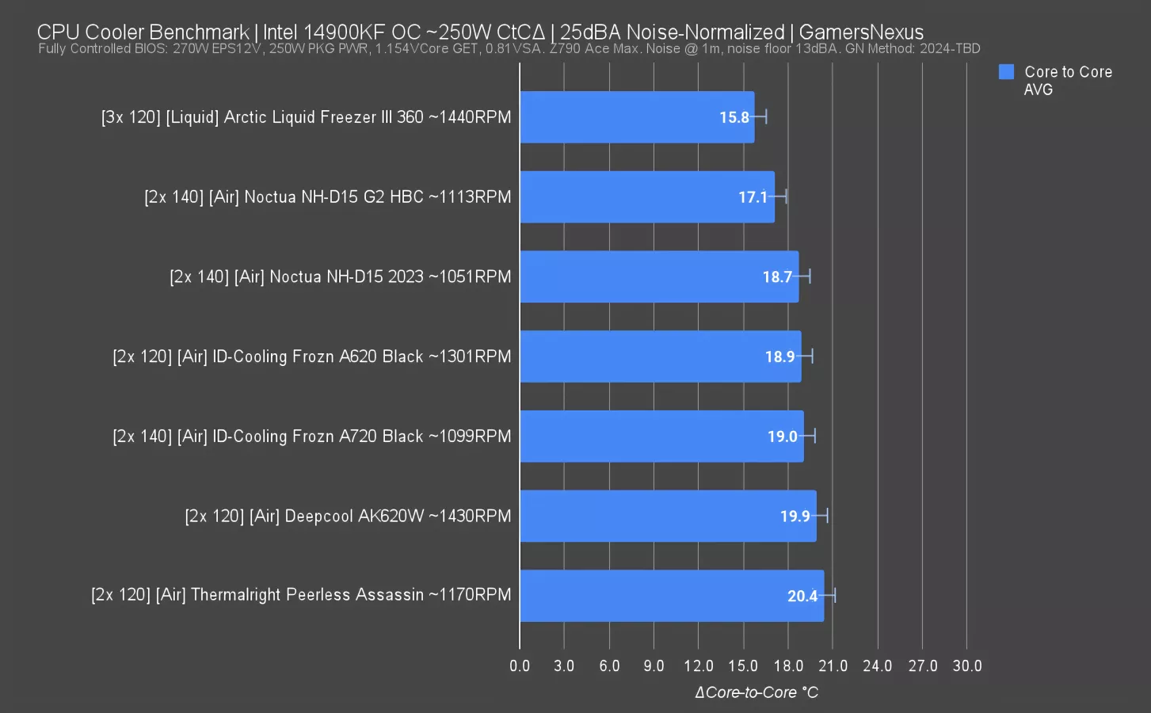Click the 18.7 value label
(x=777, y=277)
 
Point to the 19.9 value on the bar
(x=795, y=517)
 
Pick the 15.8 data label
(x=734, y=118)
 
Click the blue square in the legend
(x=1006, y=72)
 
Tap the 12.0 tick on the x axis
(x=698, y=666)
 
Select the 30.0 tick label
(x=966, y=666)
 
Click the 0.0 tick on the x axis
(x=520, y=666)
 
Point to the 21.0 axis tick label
(x=833, y=666)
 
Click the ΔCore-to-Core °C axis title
(x=757, y=692)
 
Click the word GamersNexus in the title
(x=861, y=32)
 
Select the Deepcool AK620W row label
(x=348, y=517)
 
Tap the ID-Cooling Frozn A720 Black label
(x=312, y=437)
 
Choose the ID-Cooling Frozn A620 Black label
(x=312, y=356)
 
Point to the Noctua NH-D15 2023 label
(x=341, y=277)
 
